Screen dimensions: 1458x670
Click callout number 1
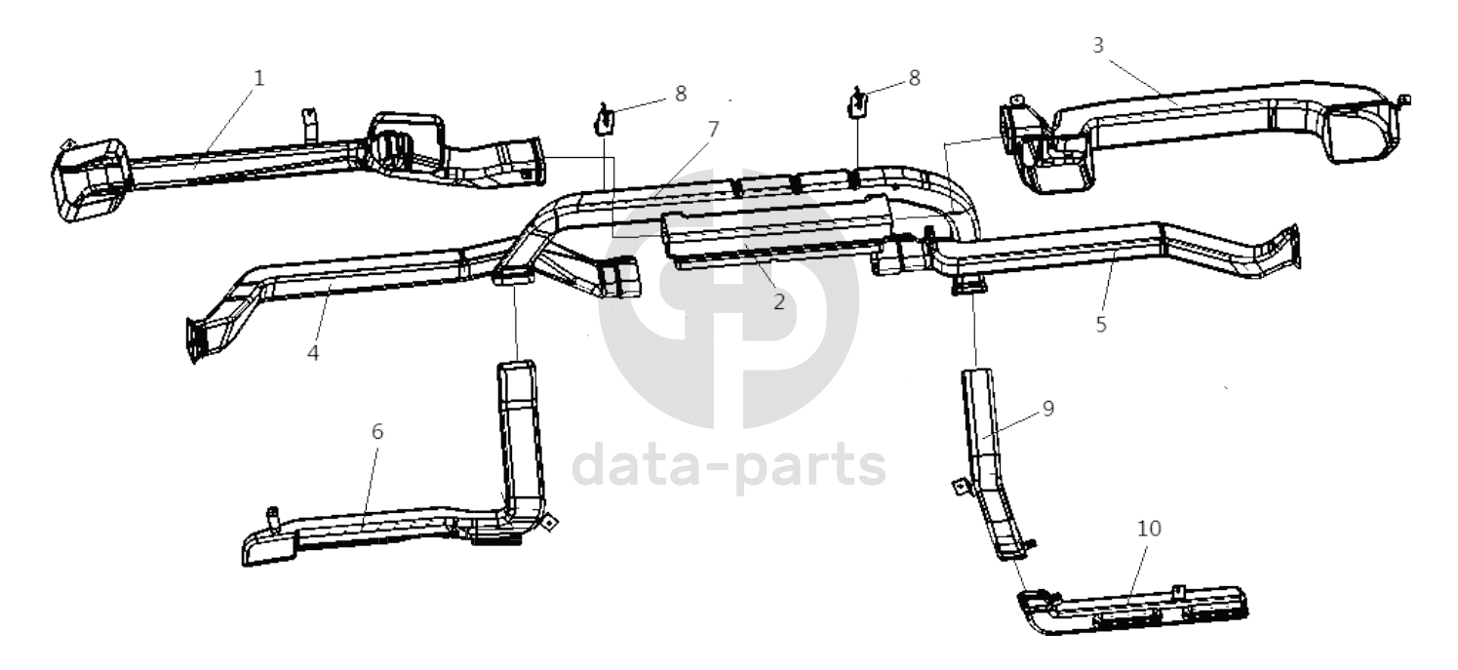pyautogui.click(x=259, y=78)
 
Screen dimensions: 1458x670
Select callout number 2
pyautogui.click(x=779, y=301)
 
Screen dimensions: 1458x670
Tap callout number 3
pyautogui.click(x=1098, y=46)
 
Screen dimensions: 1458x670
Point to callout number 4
pyautogui.click(x=313, y=353)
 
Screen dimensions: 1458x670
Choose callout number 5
pyautogui.click(x=1101, y=324)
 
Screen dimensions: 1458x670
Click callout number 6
pyautogui.click(x=377, y=431)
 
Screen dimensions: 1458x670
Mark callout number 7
pyautogui.click(x=713, y=129)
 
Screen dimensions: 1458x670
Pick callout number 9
pyautogui.click(x=1048, y=409)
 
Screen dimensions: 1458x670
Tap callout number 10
pyautogui.click(x=1149, y=528)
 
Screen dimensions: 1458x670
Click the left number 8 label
pyautogui.click(x=681, y=94)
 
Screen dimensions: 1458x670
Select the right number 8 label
pyautogui.click(x=915, y=78)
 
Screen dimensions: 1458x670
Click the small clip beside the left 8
pyautogui.click(x=604, y=120)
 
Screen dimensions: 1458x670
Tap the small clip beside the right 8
pyautogui.click(x=857, y=102)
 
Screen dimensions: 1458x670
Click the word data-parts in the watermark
pyautogui.click(x=729, y=465)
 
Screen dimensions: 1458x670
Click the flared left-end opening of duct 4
pyautogui.click(x=194, y=340)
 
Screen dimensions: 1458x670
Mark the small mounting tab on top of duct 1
pyautogui.click(x=310, y=125)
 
